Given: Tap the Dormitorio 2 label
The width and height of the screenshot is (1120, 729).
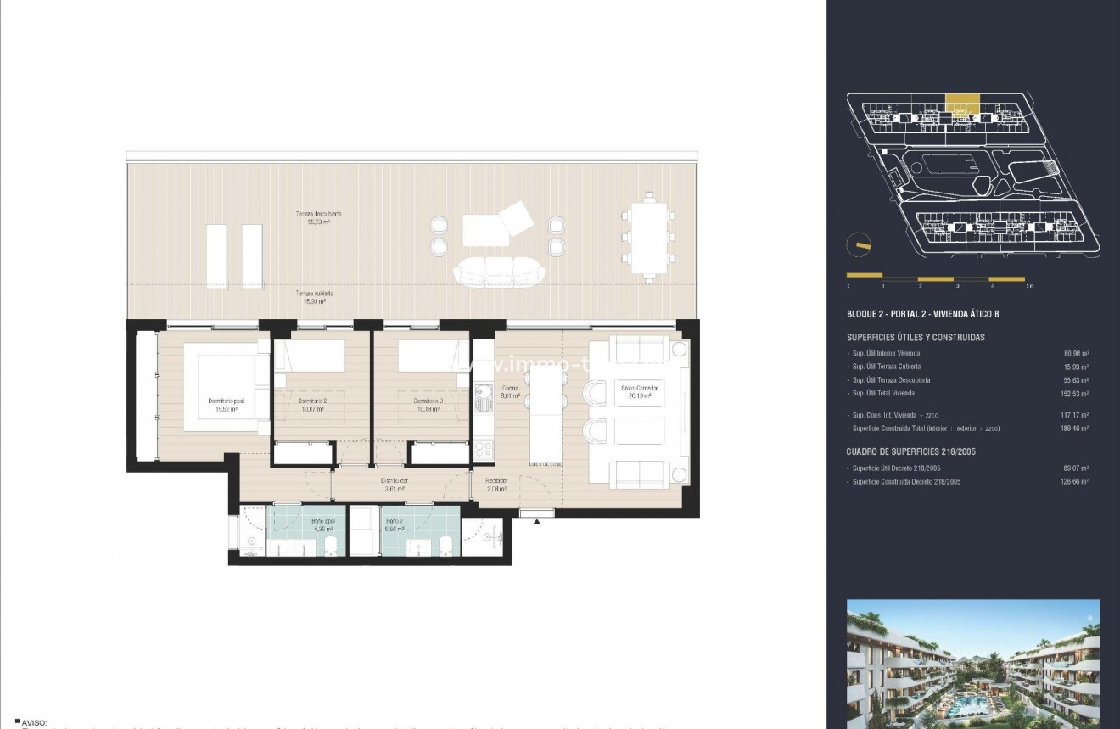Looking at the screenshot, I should click(312, 403).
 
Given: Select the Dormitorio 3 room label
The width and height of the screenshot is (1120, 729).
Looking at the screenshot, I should click(428, 403).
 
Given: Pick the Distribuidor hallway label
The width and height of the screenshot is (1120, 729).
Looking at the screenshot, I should click(395, 484).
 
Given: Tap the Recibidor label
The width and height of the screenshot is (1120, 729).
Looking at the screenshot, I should click(497, 484).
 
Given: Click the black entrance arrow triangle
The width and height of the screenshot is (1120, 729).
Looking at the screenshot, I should click(536, 522).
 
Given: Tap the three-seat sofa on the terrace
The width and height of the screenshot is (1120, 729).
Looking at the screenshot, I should click(499, 272).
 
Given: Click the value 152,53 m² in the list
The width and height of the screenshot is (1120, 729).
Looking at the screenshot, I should click(1076, 394).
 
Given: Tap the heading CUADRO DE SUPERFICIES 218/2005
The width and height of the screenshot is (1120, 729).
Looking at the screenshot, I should click(910, 451).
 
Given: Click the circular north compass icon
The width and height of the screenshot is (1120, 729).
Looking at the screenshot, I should click(858, 244).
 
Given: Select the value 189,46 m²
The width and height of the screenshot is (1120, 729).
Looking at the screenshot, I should click(1076, 429).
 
